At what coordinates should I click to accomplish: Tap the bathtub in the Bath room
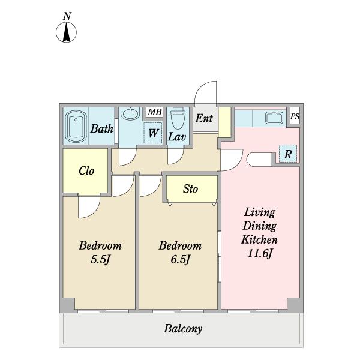(x=76, y=126)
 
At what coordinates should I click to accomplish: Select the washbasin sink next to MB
(x=130, y=113)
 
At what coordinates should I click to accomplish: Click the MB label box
(x=154, y=112)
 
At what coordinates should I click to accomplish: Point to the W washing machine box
(x=153, y=133)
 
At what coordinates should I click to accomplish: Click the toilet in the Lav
(x=177, y=117)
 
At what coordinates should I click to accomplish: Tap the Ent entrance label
(x=204, y=118)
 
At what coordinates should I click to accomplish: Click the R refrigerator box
(x=287, y=154)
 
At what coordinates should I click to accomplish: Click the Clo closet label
(x=86, y=170)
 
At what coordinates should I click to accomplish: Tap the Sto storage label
(x=190, y=189)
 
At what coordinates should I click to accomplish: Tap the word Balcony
(x=182, y=329)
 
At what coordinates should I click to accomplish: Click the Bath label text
(x=102, y=128)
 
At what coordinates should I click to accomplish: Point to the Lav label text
(x=176, y=137)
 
